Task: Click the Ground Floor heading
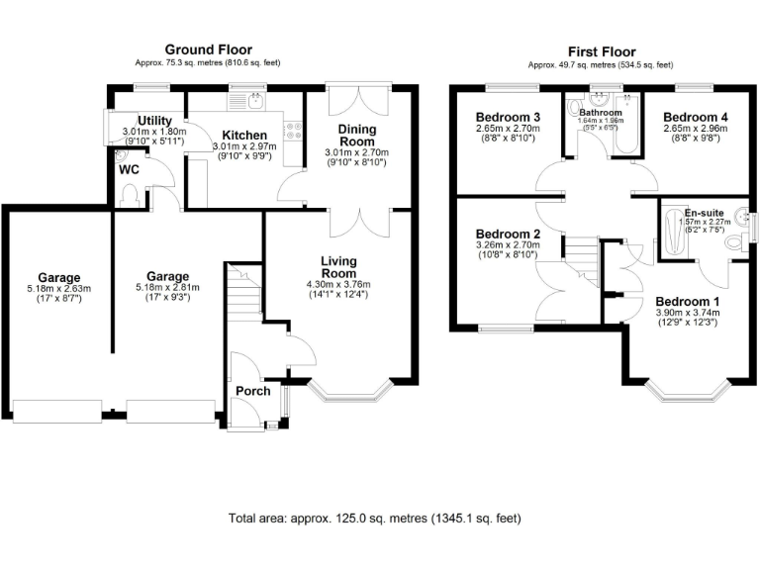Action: (x=208, y=49)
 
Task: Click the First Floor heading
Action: (x=602, y=51)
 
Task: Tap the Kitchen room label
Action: (x=243, y=136)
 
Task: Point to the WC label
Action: (x=129, y=169)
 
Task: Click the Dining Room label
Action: (x=357, y=136)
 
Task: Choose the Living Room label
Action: (x=338, y=267)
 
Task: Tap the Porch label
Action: (x=252, y=392)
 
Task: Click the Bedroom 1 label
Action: (x=688, y=302)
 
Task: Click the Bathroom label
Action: (x=600, y=113)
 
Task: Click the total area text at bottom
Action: (x=374, y=518)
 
